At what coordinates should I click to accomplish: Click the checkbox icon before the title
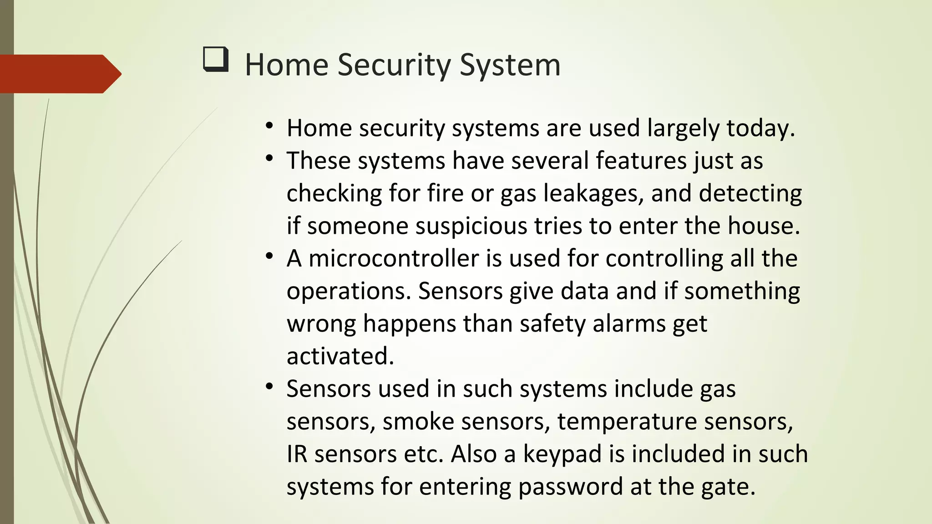215,60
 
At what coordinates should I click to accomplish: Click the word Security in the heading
394,65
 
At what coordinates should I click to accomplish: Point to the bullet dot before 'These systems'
269,159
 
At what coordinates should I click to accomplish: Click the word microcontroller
393,259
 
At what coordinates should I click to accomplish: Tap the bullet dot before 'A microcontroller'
269,257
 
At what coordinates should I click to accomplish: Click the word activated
339,356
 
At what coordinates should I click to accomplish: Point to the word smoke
418,422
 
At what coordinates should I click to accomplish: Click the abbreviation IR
297,454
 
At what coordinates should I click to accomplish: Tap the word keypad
562,454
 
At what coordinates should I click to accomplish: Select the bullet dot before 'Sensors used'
269,387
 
